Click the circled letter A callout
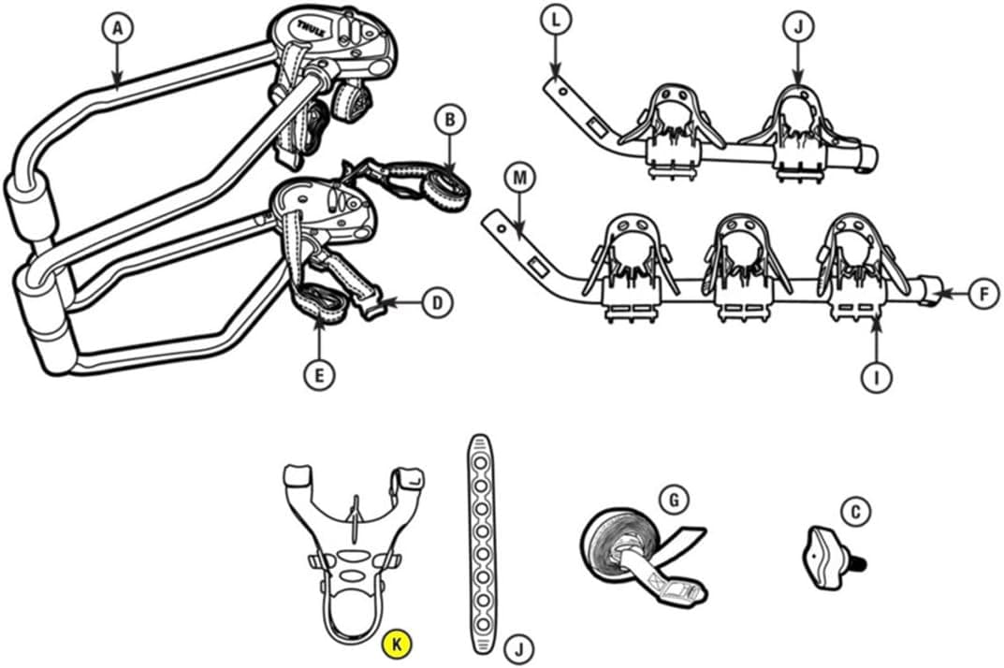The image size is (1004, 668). [x=117, y=29]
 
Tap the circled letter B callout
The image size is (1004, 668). [x=450, y=119]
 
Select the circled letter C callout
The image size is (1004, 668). [x=855, y=512]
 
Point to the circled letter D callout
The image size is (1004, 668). [x=437, y=302]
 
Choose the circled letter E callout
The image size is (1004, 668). [x=319, y=374]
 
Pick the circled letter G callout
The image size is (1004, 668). [x=674, y=499]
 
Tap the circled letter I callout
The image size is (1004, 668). [x=878, y=377]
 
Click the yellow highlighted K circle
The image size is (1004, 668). [x=397, y=644]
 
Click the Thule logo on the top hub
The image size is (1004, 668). [x=312, y=27]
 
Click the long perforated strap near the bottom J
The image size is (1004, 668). [x=483, y=545]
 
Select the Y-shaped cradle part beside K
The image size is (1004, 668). [x=352, y=552]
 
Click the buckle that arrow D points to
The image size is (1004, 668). [x=375, y=310]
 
